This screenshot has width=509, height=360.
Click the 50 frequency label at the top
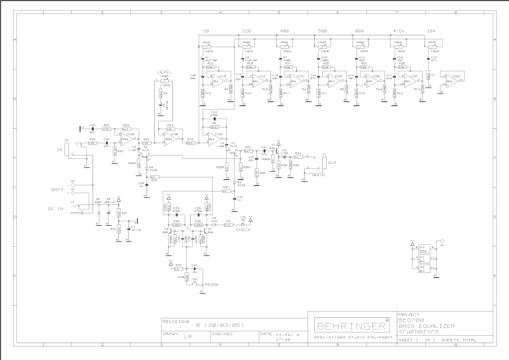206,31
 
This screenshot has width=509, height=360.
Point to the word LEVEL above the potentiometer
164,72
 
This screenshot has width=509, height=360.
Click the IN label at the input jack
59,150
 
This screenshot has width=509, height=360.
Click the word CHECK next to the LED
243,229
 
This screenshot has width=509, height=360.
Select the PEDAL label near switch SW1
212,285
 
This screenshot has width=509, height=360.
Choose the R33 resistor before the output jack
298,157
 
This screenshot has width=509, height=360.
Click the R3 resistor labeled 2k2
228,225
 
